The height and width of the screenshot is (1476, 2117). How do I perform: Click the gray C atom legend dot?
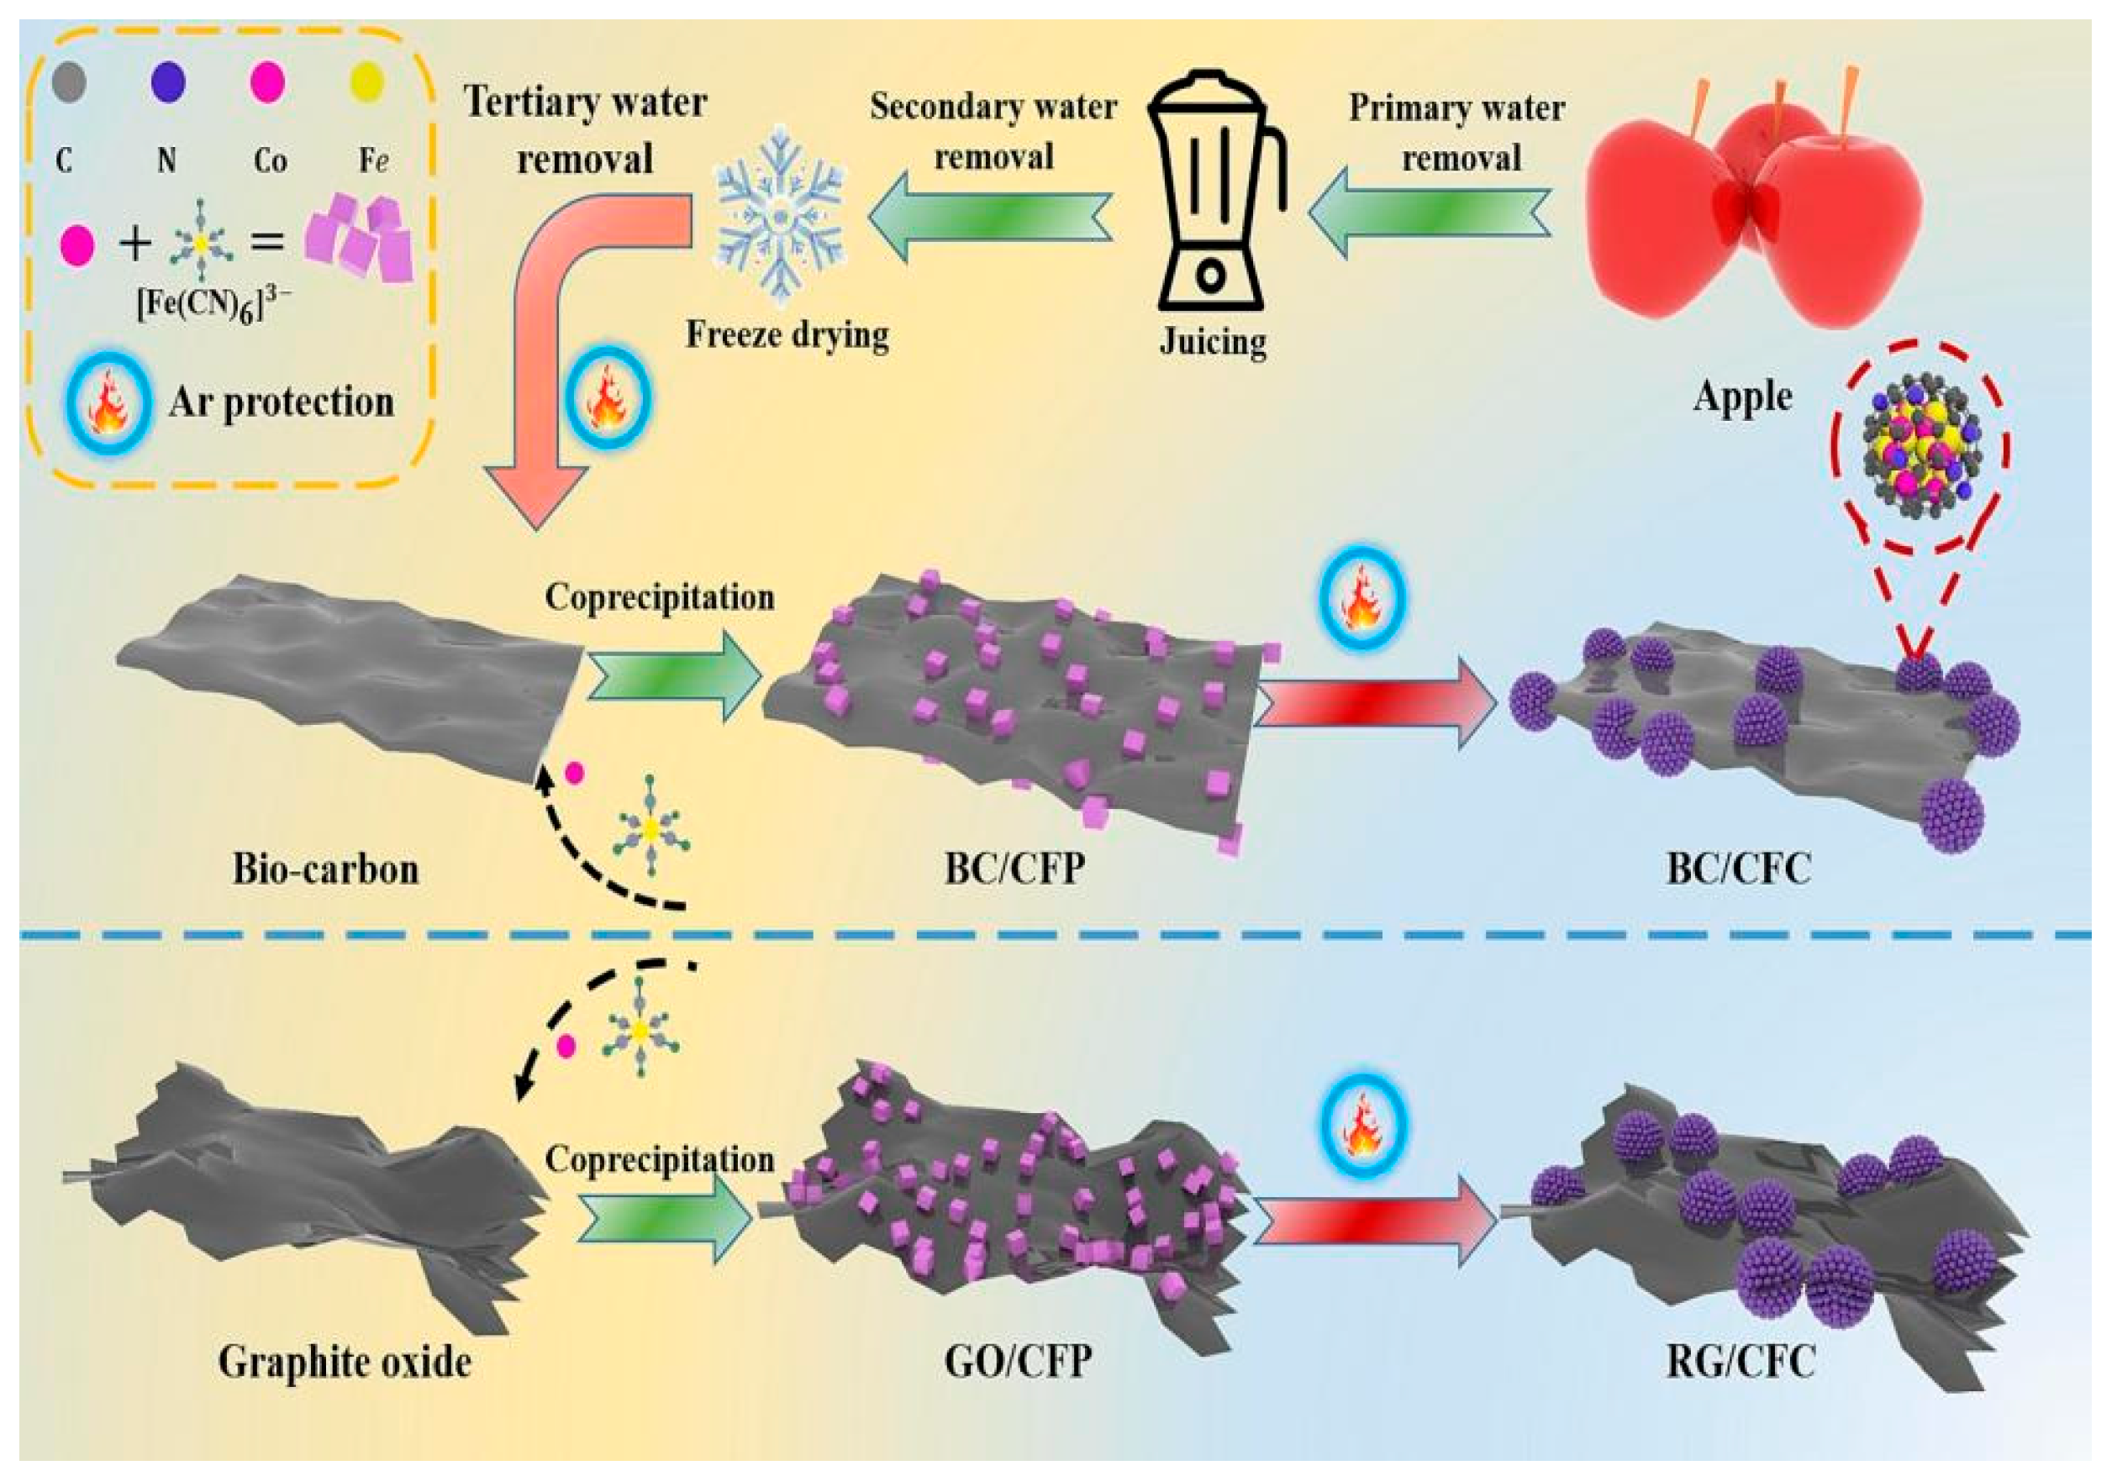pos(69,82)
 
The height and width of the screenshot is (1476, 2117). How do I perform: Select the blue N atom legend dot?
pos(168,82)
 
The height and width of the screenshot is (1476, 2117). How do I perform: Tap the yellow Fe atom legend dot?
pos(367,82)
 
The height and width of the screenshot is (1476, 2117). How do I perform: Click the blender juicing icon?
pos(1214,193)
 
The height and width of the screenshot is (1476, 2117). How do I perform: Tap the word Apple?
pos(1741,397)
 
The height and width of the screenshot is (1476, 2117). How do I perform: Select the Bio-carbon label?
pos(324,869)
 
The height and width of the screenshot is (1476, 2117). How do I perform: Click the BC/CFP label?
pos(1014,869)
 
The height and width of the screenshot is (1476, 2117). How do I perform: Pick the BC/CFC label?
pos(1738,869)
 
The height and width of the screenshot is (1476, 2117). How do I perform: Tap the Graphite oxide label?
pos(344,1362)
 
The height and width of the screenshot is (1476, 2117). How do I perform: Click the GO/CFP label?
pos(1018,1361)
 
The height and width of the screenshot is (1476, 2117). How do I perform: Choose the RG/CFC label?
pos(1740,1361)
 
